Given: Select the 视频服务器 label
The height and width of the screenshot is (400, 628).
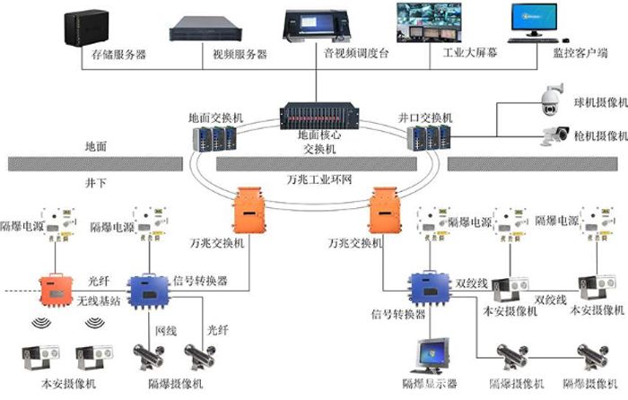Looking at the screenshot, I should [214, 55].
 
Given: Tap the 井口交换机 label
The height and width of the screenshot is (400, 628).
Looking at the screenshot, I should [425, 117].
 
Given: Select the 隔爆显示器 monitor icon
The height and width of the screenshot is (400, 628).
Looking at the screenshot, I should [428, 357].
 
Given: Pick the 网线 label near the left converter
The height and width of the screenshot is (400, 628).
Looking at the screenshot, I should [166, 331].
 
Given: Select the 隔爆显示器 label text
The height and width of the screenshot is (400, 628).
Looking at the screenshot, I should [428, 383].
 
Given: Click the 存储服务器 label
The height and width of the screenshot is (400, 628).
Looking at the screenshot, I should [118, 55].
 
